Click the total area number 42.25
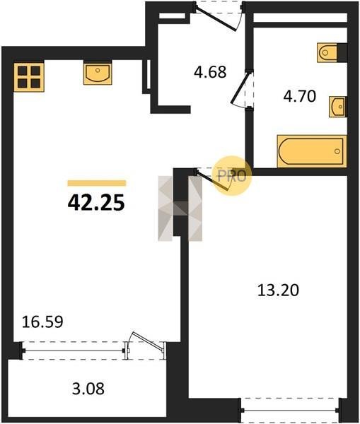coord(96,203)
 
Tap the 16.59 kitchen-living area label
coord(42,322)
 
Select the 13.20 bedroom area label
coord(278,290)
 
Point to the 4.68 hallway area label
coord(210,72)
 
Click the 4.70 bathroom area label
coord(300,96)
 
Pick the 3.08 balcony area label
coord(88,389)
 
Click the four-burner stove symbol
coord(29,77)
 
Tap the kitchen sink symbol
coord(98,73)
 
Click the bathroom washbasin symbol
coord(338,107)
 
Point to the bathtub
coord(312,151)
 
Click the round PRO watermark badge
coord(233,176)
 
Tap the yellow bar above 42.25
coord(97,183)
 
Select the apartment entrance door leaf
coord(216,20)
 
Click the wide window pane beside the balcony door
coord(74,351)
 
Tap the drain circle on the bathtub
coord(337,151)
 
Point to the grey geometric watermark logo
coord(180,208)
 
